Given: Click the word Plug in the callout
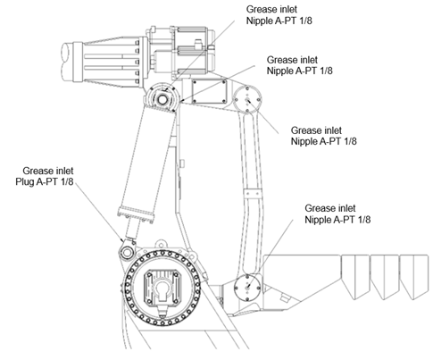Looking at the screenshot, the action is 25,181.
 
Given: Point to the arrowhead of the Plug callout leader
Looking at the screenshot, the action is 122,239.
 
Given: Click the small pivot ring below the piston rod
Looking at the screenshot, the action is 127,253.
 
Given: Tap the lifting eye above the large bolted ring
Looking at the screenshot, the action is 161,243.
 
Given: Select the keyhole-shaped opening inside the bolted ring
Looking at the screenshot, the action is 162,291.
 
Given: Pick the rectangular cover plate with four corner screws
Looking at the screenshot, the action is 209,91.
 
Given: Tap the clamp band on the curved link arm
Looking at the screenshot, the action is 253,193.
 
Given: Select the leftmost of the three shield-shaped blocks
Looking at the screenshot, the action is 355,276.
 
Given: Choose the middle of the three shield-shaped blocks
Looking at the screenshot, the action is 385,276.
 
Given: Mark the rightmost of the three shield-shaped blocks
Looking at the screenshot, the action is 413,276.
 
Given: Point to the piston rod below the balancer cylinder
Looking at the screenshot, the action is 132,230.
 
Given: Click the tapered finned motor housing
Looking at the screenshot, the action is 105,62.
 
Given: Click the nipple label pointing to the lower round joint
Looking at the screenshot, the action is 337,213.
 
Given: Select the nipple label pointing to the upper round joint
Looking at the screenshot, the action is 323,136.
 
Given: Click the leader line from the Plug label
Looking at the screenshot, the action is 98,211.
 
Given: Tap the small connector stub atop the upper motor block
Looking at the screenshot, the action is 197,43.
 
